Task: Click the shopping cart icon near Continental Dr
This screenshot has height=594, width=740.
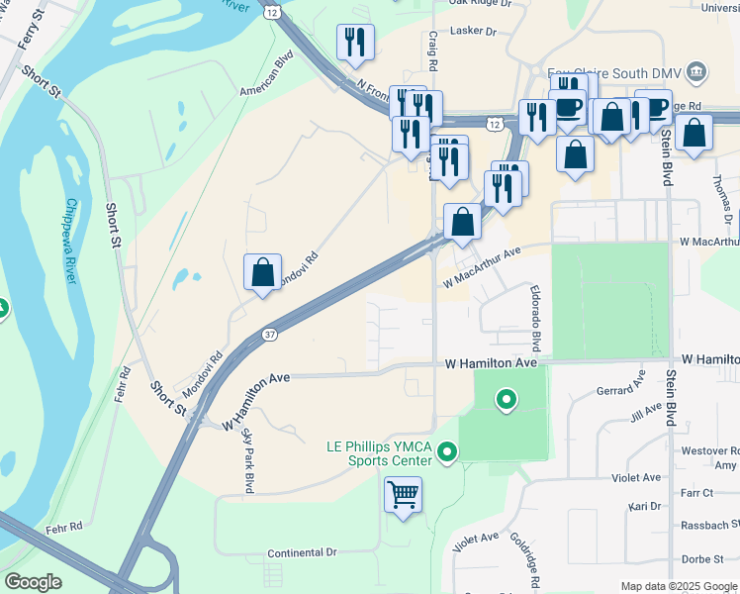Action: point(403,494)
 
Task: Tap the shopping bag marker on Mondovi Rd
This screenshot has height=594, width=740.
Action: point(262,271)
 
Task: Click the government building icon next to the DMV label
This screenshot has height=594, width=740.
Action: point(696,72)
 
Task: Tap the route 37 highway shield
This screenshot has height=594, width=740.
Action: point(270,335)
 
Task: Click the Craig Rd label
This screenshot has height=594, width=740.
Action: point(432,49)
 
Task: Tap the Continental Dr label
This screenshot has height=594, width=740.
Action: point(303,551)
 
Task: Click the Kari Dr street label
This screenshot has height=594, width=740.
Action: point(644,506)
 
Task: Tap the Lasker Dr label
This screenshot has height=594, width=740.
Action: point(472,32)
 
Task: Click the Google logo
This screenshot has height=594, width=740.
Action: point(34,582)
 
